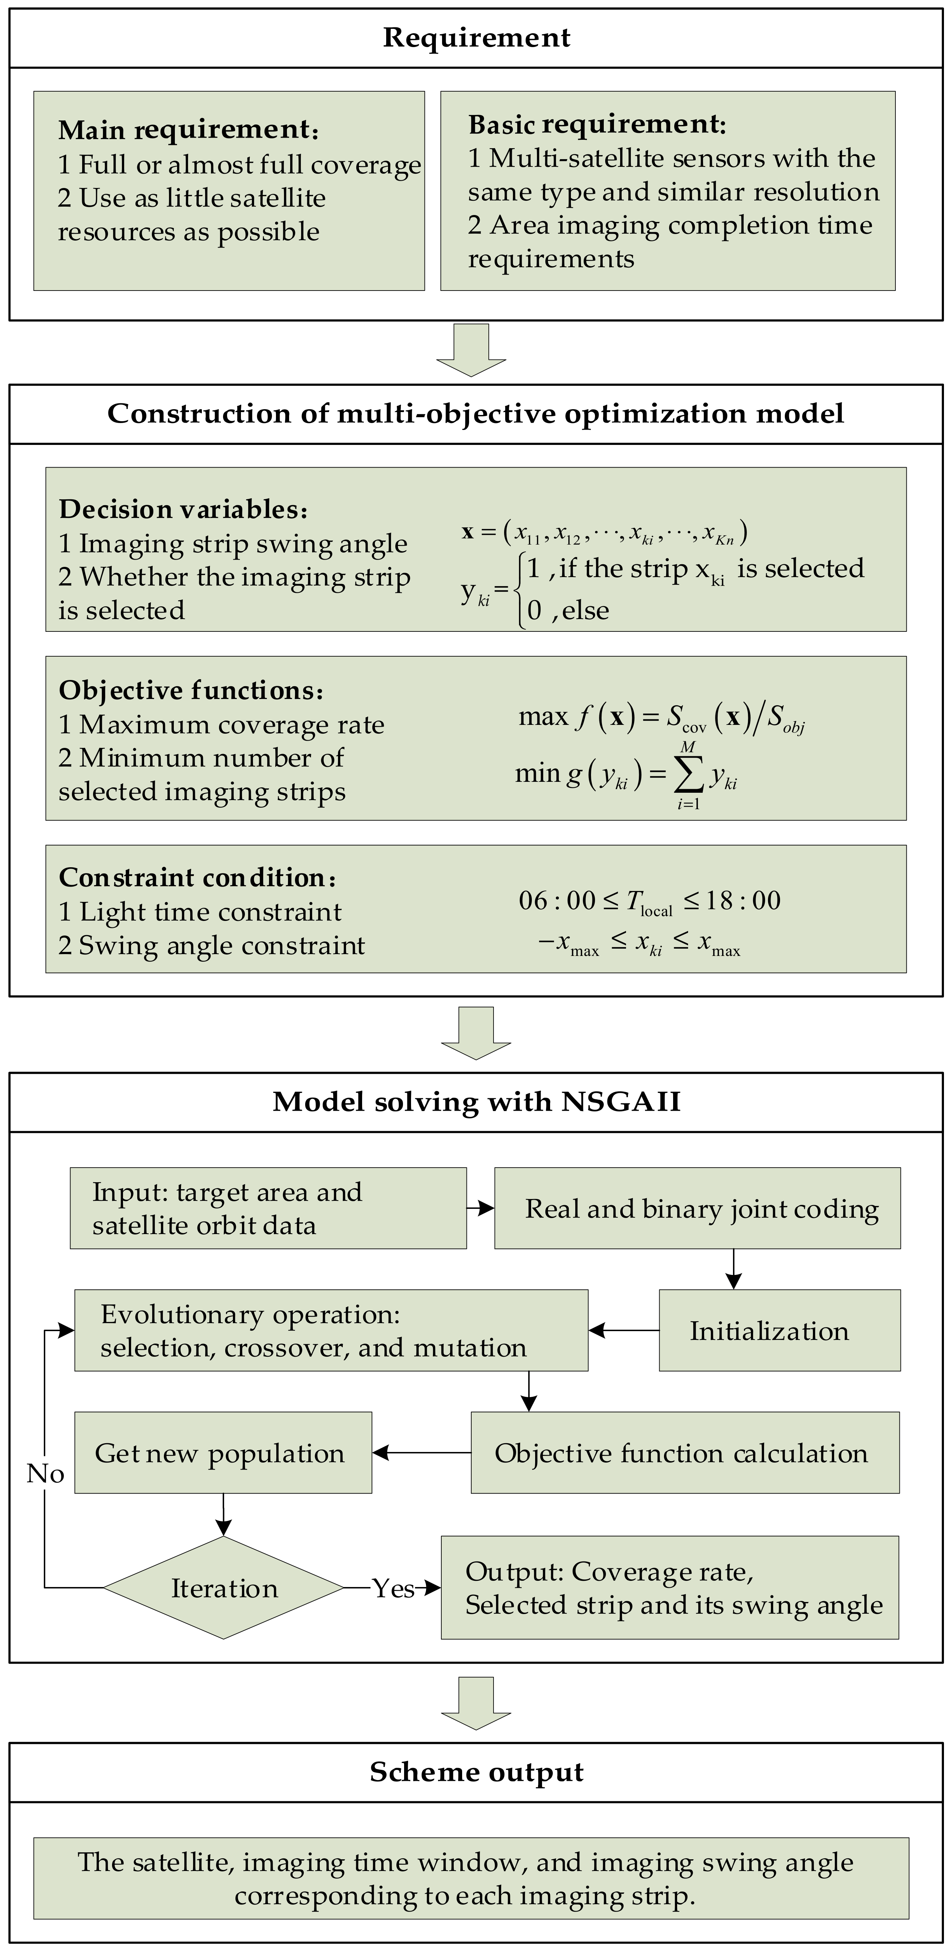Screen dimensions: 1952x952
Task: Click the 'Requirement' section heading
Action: (x=476, y=37)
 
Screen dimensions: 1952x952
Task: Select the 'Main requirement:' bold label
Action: (x=188, y=130)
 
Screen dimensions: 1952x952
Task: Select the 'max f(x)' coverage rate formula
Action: (x=661, y=717)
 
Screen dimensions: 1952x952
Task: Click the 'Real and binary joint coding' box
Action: (x=697, y=1208)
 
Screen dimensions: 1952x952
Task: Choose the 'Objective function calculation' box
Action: (x=684, y=1453)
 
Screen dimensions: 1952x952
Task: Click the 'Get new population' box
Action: (x=223, y=1453)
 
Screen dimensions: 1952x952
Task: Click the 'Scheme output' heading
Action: (x=476, y=1772)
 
